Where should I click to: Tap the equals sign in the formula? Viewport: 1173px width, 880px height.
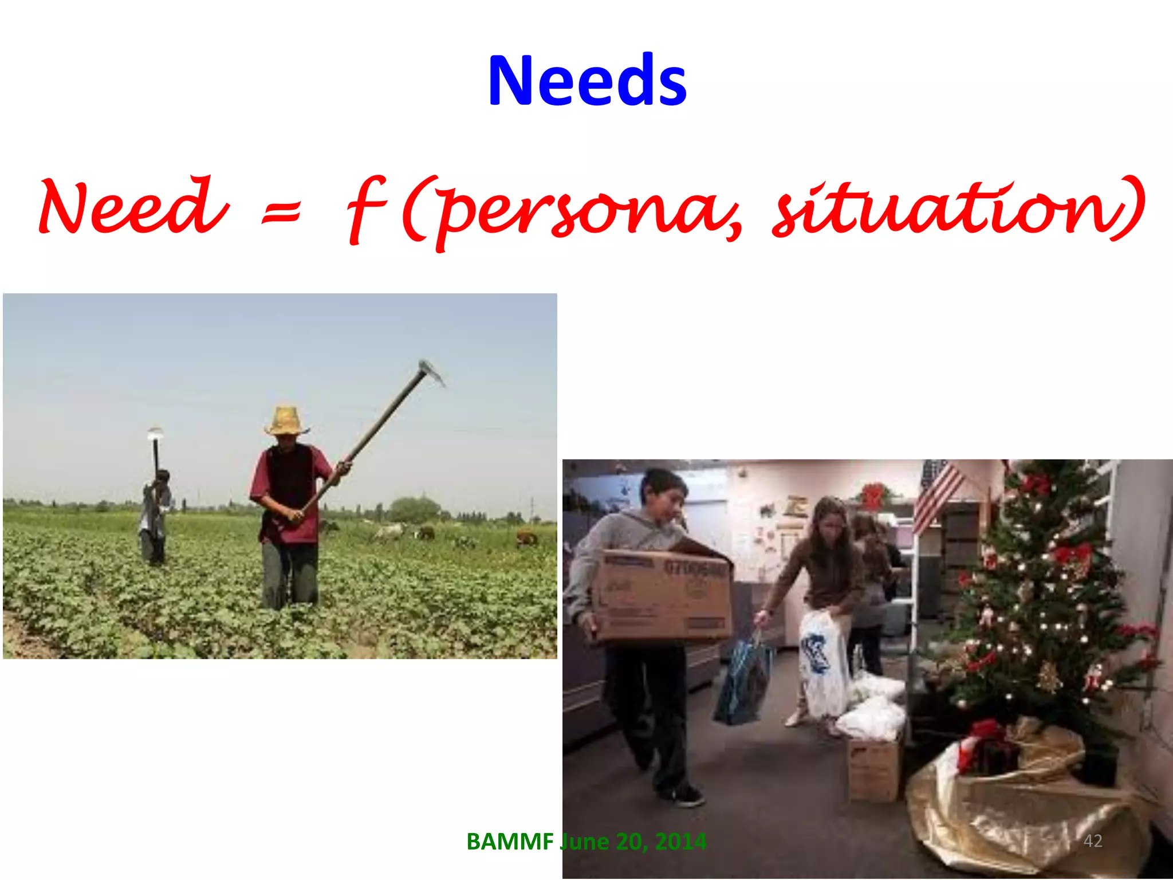tap(281, 211)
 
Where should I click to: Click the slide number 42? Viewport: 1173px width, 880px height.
tap(1093, 840)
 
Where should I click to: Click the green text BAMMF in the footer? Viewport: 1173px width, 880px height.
tap(510, 842)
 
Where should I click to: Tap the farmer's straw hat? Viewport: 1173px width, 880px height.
tap(286, 421)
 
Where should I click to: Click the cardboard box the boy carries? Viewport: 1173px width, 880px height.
tap(664, 596)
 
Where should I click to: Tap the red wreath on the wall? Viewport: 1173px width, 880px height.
tap(872, 496)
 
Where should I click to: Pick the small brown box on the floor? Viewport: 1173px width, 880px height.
tap(873, 768)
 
